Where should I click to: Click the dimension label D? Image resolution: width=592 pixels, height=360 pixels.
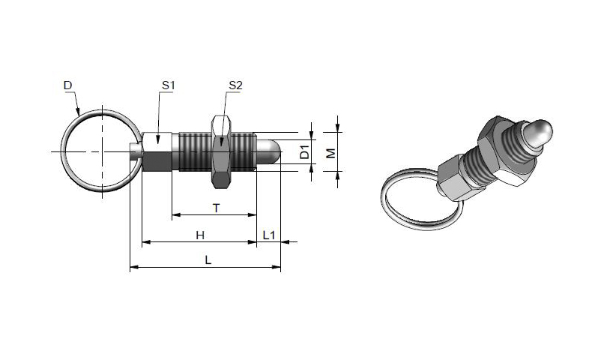coord(67,85)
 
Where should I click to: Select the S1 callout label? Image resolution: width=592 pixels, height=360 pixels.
coord(169,85)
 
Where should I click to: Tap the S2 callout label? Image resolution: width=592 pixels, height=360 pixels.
coord(235,85)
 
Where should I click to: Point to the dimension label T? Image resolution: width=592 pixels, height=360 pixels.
coord(217,208)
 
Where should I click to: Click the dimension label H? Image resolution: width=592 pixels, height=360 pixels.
coord(200,235)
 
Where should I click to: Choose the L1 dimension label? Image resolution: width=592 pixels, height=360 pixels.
coord(269,235)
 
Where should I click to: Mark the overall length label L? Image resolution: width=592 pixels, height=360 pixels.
coord(208,260)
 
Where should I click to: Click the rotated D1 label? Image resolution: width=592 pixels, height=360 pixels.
coord(304,151)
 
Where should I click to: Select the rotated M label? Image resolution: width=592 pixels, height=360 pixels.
coord(330,153)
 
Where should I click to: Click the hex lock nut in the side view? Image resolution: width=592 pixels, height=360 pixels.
coord(221,151)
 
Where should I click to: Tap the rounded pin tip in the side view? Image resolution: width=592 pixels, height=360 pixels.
coord(269,151)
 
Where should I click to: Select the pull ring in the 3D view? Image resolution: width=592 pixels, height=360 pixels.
coord(421,199)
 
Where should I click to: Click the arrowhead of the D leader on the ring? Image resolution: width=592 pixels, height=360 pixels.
coord(78,112)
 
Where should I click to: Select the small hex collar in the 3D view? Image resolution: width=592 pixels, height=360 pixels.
coord(452,178)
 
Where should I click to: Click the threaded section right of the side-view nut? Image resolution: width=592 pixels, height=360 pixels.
coord(244,151)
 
